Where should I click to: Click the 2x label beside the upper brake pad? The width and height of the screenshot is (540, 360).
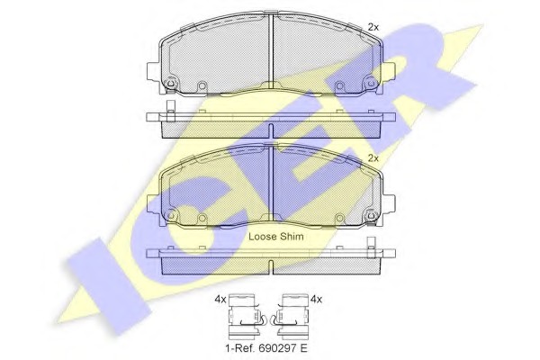[x=373, y=27]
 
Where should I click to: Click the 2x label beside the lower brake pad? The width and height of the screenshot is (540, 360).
[x=373, y=158]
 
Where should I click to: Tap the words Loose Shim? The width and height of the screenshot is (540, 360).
[x=276, y=237]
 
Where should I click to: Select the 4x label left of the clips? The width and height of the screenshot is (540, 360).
[x=220, y=300]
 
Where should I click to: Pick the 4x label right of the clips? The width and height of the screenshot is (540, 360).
[x=316, y=300]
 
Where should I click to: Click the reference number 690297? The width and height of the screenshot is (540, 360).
[x=274, y=348]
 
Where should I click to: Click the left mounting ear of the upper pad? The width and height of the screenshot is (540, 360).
[x=154, y=71]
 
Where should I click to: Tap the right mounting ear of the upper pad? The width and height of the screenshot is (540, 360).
[x=389, y=71]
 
